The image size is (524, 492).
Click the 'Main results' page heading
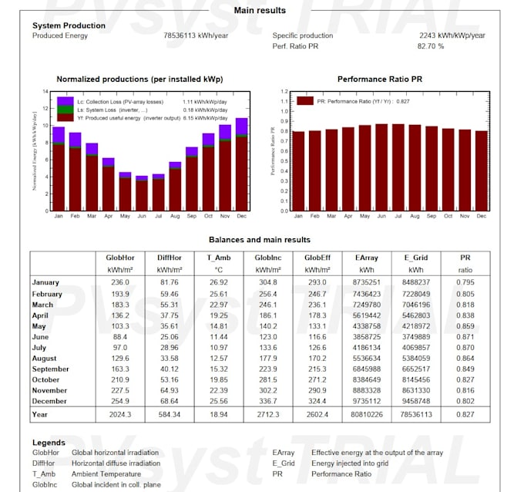[260, 11]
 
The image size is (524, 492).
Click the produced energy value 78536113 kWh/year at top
[195, 35]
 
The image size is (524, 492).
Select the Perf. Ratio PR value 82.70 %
[431, 46]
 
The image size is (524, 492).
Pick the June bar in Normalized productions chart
[142, 194]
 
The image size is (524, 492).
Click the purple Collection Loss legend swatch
[65, 101]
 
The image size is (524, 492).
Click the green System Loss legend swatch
[65, 110]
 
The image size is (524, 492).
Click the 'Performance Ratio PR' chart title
[380, 79]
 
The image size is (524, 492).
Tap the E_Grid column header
[417, 258]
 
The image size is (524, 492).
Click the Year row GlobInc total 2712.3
[268, 414]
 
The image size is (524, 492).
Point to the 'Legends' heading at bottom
[49, 443]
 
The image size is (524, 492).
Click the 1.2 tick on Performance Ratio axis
[284, 91]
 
